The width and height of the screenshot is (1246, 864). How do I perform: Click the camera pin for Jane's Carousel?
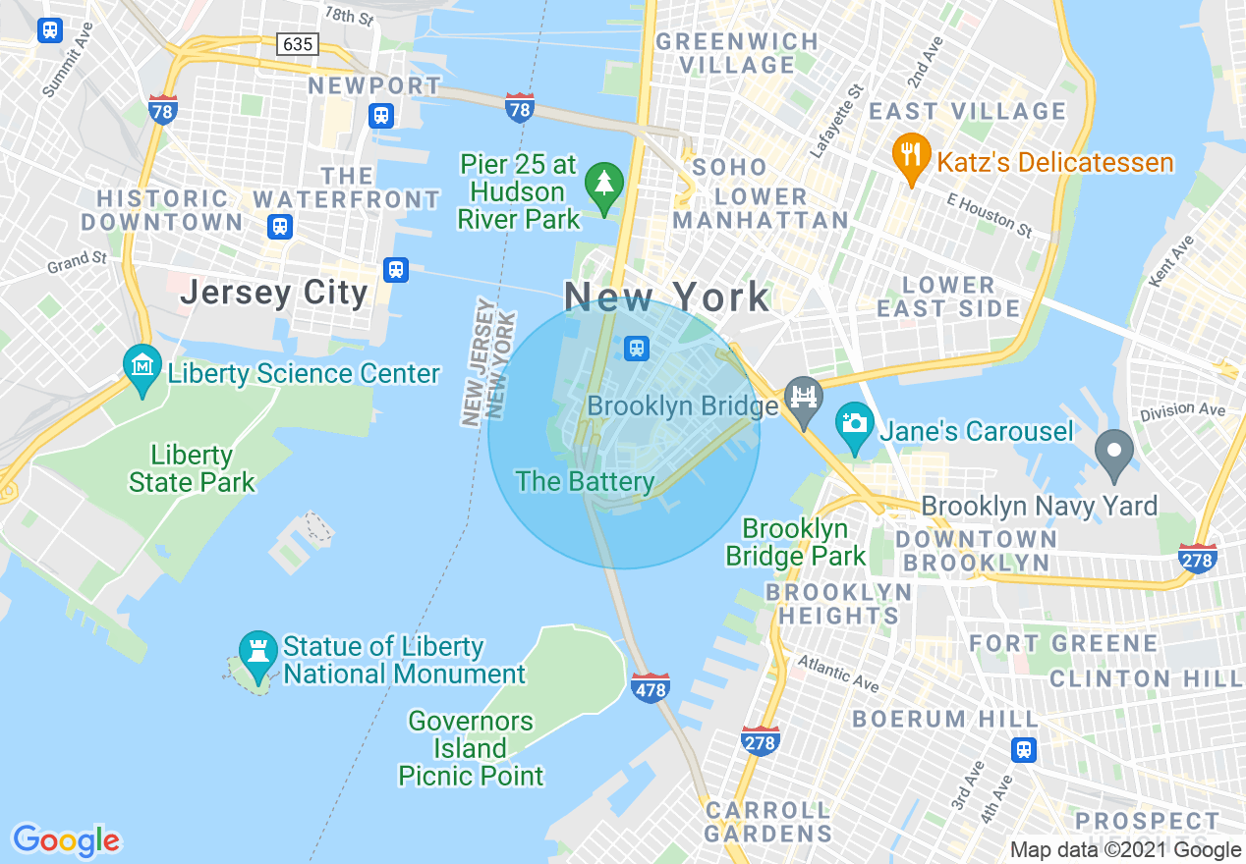(x=855, y=423)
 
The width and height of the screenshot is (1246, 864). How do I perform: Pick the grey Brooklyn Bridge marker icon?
(x=804, y=401)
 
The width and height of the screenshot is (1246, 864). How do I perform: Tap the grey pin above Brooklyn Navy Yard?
(x=1114, y=454)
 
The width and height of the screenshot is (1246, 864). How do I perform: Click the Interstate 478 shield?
(x=651, y=687)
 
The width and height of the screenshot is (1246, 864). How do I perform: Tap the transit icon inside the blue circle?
(x=637, y=348)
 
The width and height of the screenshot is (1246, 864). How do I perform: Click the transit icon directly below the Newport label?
(x=381, y=116)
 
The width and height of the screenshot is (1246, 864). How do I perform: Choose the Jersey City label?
(x=273, y=293)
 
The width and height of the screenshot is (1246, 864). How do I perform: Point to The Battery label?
(x=585, y=481)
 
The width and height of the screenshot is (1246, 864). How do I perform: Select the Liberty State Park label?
(x=192, y=468)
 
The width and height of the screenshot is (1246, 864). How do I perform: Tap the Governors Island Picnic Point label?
(x=471, y=748)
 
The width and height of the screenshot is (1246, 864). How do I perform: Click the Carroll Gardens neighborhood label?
(x=768, y=823)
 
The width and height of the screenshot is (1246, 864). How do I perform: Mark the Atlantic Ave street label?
(x=838, y=674)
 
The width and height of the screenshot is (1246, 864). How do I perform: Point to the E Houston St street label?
(x=990, y=215)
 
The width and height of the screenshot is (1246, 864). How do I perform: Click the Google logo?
(x=66, y=840)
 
